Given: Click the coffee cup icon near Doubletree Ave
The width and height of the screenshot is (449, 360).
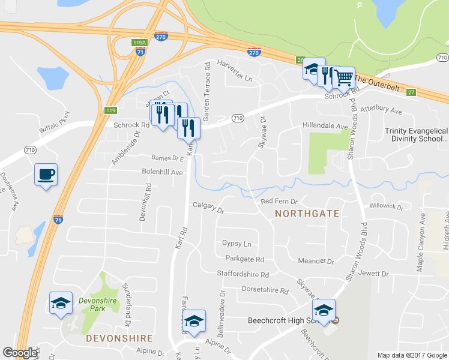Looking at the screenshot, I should [46, 175].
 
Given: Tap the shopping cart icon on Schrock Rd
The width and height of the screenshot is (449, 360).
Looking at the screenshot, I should [343, 77].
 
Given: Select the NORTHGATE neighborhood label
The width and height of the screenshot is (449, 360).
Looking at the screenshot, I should [307, 213].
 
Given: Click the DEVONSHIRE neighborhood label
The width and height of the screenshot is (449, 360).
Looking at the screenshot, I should [119, 338].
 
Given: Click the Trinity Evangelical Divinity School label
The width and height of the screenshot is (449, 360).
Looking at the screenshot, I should [417, 134].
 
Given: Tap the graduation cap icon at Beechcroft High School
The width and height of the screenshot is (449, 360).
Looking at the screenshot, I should [323, 310].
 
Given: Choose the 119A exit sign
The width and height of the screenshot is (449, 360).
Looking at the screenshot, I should [139, 43].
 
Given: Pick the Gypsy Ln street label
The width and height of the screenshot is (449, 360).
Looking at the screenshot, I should [237, 244].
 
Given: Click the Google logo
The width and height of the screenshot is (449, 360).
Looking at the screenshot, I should [20, 353].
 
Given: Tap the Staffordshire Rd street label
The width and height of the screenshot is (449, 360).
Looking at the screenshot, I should [243, 274].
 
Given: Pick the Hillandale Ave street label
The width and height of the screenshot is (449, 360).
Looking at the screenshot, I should [325, 127].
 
